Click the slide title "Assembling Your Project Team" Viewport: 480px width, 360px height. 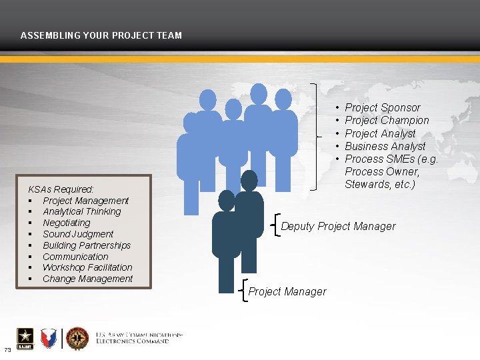101,35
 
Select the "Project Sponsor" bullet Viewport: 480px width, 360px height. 382,107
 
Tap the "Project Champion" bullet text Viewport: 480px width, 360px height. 387,120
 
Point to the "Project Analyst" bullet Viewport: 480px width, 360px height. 380,133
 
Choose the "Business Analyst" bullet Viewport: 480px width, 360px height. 385,146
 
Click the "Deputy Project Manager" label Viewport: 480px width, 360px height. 338,226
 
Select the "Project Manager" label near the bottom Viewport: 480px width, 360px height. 287,291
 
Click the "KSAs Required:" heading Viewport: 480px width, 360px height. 61,189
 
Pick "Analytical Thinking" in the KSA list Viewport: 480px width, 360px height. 81,211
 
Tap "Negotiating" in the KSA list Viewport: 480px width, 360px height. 66,223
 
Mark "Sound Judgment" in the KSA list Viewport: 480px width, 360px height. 77,234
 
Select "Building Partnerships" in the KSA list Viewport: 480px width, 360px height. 86,245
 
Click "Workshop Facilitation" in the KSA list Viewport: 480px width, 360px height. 87,267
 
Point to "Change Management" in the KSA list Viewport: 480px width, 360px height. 87,279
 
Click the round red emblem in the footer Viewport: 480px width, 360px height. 77,338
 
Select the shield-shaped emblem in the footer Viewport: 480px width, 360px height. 49,339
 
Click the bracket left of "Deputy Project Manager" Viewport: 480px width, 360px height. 276,226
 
